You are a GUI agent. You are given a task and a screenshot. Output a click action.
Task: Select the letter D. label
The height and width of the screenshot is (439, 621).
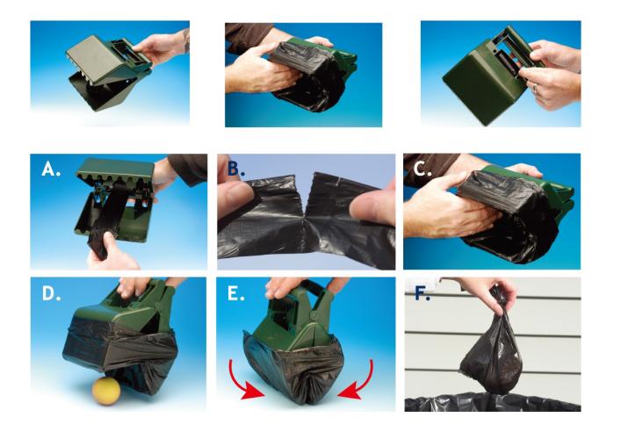click(x=51, y=291)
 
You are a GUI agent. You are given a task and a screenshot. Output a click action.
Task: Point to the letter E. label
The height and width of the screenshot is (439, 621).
click(x=238, y=293)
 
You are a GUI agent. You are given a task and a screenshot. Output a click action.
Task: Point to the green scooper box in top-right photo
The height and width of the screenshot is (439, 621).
click(x=479, y=83)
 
